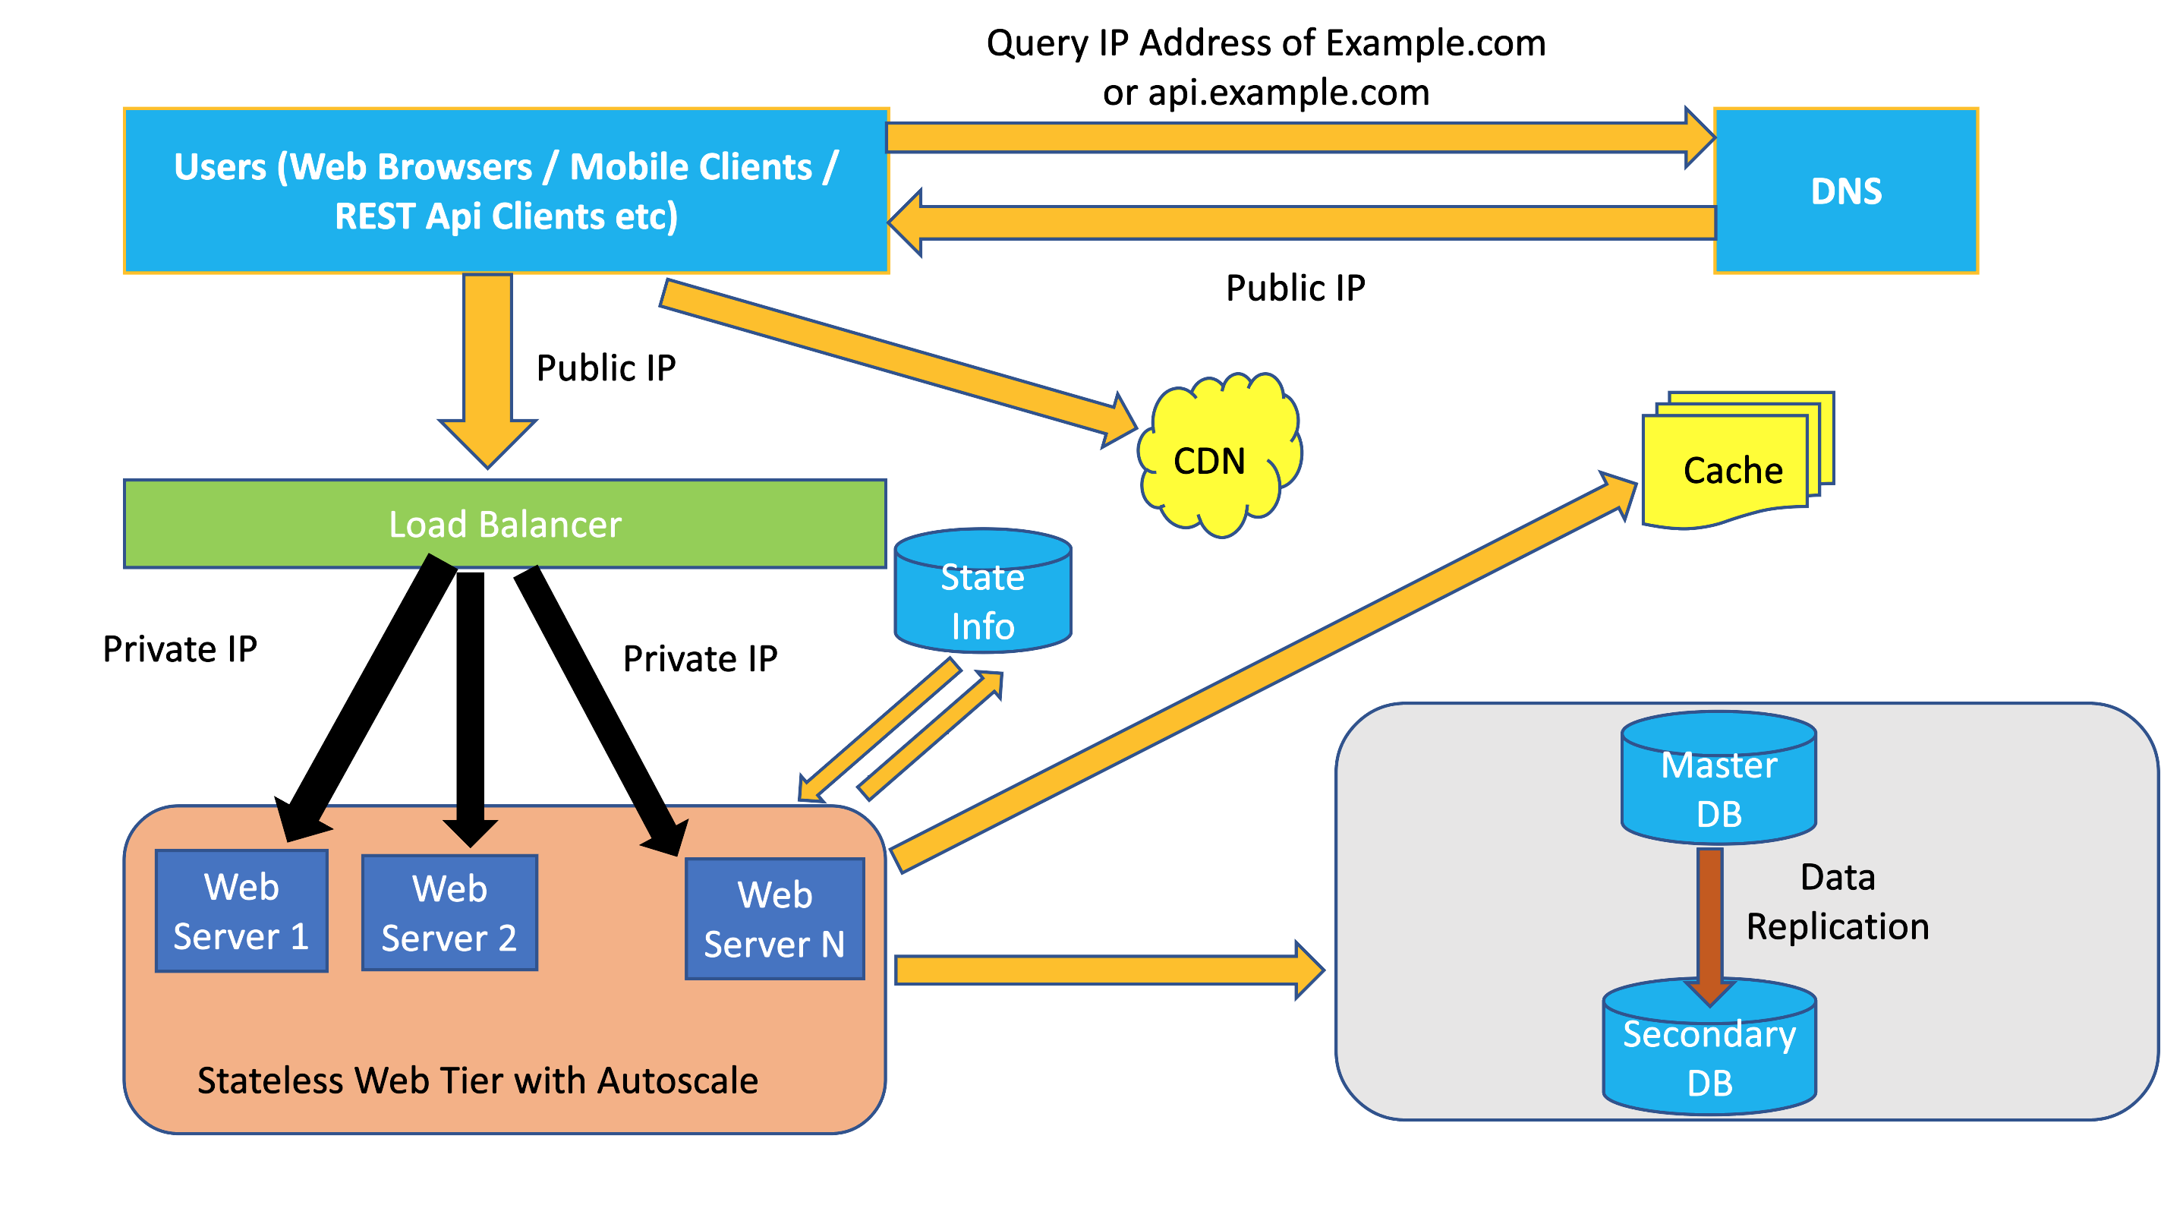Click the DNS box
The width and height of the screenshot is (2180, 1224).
click(x=1844, y=191)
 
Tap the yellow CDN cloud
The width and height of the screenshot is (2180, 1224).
click(x=1218, y=457)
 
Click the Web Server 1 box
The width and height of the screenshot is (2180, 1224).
click(x=241, y=911)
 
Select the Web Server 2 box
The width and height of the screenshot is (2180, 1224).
click(x=449, y=913)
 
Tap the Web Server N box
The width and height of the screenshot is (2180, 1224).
click(x=774, y=920)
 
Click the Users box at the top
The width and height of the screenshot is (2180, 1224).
click(x=506, y=191)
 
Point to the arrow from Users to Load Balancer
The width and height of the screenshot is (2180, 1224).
click(x=487, y=364)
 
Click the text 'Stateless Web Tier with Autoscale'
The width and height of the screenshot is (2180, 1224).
click(x=477, y=1081)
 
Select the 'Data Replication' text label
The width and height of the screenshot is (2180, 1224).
click(x=1837, y=902)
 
